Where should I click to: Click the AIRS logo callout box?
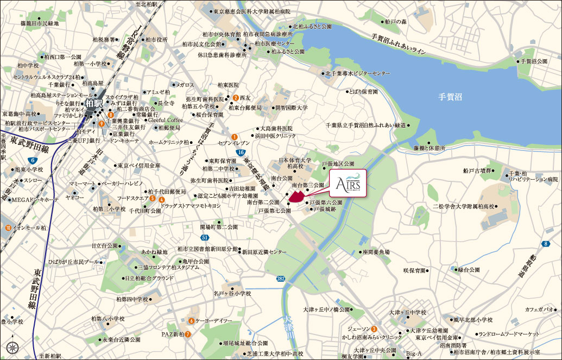(x=348, y=185)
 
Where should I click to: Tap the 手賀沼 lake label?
(x=450, y=97)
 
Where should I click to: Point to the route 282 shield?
(x=280, y=278)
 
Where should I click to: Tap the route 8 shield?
(x=545, y=244)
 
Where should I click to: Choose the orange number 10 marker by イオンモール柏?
(x=8, y=228)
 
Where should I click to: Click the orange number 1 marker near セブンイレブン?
(x=234, y=137)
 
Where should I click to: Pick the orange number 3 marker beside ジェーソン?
(x=374, y=329)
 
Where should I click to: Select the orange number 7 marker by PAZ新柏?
(x=187, y=334)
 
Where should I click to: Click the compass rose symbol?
(x=15, y=347)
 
